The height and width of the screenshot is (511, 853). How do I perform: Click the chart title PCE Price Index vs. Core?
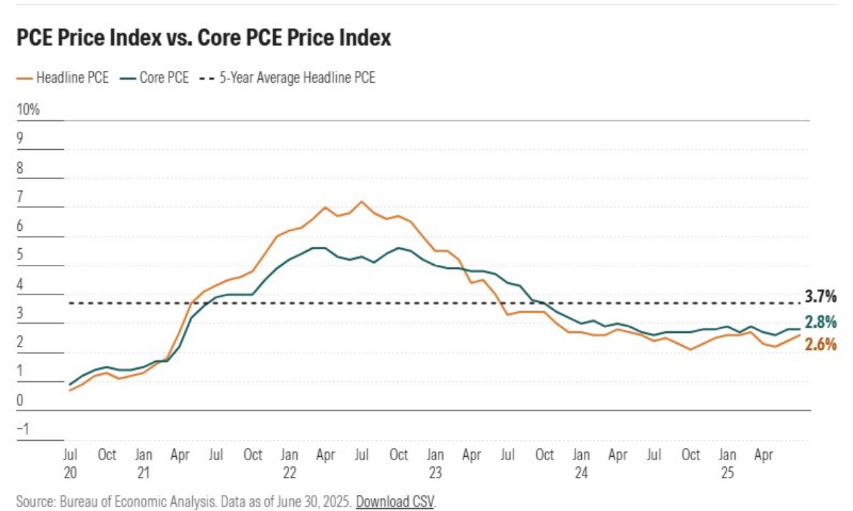tap(204, 38)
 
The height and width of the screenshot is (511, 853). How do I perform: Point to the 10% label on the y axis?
tap(29, 110)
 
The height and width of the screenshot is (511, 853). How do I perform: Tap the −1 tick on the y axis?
tap(23, 429)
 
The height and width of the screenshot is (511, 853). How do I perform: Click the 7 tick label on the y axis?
tap(20, 197)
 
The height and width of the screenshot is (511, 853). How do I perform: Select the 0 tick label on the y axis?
tap(20, 400)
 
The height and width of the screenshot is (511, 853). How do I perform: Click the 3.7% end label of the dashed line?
tap(820, 296)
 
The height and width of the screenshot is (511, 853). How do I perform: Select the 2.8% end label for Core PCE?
tap(820, 322)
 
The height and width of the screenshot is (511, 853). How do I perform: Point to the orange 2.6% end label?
tap(820, 344)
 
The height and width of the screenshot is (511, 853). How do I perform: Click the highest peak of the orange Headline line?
tap(362, 201)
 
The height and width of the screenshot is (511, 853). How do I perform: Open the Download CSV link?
tap(395, 502)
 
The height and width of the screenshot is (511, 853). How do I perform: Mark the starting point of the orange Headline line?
tap(70, 390)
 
